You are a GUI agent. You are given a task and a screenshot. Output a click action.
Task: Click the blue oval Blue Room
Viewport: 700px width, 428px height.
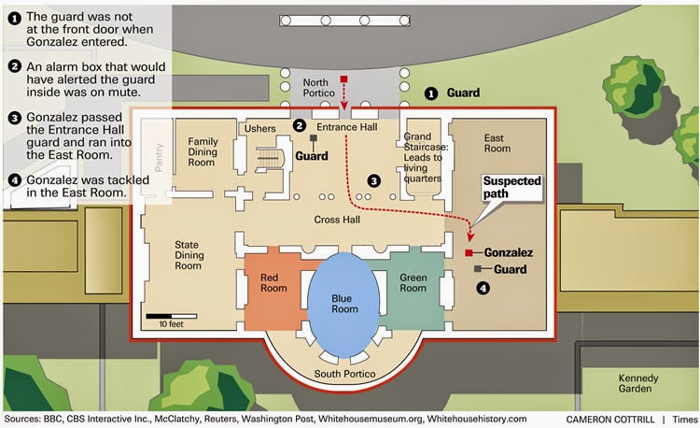pyautogui.click(x=343, y=305)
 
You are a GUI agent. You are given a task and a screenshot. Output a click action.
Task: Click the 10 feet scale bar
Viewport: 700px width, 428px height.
pyautogui.click(x=172, y=316)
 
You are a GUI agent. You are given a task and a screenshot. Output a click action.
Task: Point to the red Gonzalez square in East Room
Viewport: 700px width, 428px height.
pyautogui.click(x=469, y=253)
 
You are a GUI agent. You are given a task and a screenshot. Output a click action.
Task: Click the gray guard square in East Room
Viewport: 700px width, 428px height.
pyautogui.click(x=478, y=269)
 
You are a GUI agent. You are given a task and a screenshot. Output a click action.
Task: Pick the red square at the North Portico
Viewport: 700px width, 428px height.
pyautogui.click(x=343, y=79)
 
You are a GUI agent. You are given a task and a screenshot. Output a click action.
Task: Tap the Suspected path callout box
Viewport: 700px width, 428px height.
pyautogui.click(x=512, y=188)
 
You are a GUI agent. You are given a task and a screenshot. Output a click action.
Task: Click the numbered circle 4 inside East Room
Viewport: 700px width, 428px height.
pyautogui.click(x=483, y=288)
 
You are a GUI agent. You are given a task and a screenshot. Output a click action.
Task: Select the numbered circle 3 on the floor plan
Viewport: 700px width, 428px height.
pyautogui.click(x=373, y=181)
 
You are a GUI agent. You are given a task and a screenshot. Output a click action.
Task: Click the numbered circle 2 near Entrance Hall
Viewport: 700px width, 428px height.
pyautogui.click(x=299, y=125)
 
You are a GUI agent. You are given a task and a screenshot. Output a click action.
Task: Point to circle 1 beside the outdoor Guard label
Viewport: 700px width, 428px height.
pyautogui.click(x=431, y=93)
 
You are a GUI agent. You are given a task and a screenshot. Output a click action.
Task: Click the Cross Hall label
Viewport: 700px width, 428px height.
pyautogui.click(x=337, y=220)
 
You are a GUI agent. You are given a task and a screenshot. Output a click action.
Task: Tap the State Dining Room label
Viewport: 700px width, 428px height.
pyautogui.click(x=189, y=255)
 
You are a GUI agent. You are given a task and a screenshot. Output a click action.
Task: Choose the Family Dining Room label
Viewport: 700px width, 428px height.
pyautogui.click(x=203, y=152)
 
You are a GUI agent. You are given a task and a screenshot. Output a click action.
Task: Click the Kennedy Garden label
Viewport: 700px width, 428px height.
pyautogui.click(x=638, y=383)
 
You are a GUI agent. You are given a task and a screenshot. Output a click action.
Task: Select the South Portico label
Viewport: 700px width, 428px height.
pyautogui.click(x=344, y=374)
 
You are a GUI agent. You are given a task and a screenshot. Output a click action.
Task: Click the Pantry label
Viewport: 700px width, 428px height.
pyautogui.click(x=159, y=158)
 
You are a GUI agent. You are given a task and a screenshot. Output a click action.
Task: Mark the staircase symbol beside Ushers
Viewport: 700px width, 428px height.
pyautogui.click(x=270, y=160)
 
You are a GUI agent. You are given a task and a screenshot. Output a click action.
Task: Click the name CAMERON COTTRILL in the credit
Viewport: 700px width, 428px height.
pyautogui.click(x=610, y=420)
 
